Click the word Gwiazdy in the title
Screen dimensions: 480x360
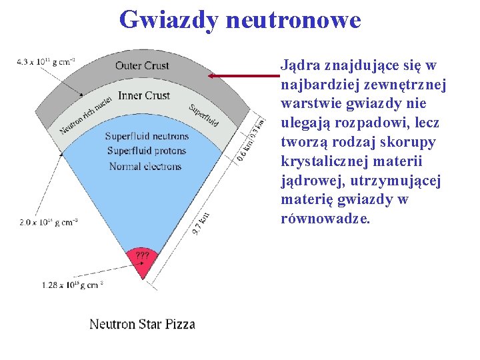169,19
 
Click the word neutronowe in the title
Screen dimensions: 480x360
293,19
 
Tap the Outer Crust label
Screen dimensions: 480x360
142,65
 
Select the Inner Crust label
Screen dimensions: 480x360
144,95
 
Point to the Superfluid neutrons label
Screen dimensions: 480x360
147,137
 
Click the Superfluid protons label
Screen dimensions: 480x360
145,151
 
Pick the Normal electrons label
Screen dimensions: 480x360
145,166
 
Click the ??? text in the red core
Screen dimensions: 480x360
143,255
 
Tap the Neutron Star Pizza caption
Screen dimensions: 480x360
143,325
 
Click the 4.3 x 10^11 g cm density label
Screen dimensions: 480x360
46,63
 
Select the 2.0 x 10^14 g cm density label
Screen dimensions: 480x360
49,222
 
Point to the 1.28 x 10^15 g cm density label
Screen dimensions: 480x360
72,285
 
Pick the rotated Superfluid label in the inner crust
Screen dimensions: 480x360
204,115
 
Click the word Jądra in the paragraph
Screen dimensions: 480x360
300,65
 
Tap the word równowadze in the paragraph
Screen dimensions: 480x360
325,219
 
